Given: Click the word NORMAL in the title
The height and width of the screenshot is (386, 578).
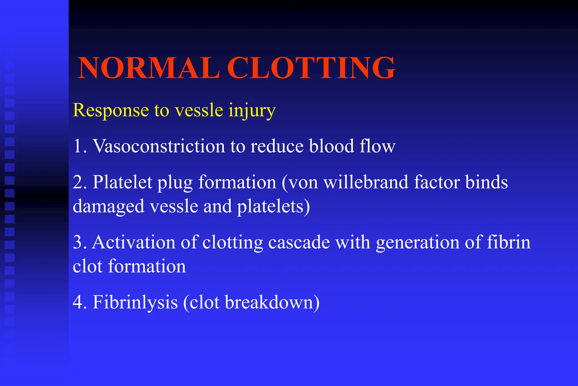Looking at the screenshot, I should (149, 68).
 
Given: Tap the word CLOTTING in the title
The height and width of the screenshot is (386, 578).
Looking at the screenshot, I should (311, 68).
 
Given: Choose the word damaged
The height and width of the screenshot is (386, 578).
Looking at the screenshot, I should (109, 206).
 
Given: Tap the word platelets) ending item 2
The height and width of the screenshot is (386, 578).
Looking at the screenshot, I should (273, 206).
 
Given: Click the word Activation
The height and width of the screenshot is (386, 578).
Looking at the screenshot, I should (134, 242).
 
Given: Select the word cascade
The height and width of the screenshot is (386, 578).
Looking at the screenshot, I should (299, 242).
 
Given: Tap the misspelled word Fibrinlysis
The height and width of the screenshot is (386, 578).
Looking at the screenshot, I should (135, 302).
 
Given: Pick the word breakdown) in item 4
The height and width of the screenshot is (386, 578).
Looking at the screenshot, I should (272, 302).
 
